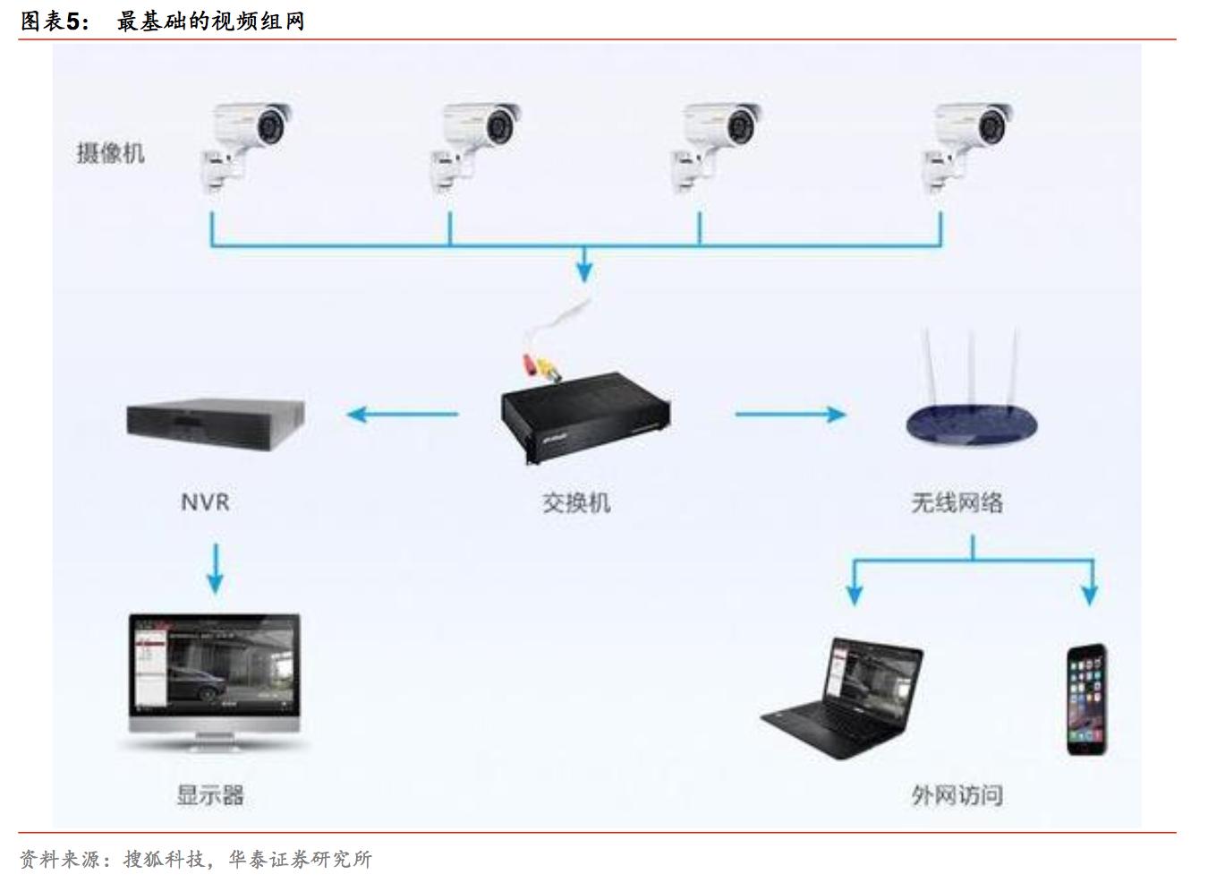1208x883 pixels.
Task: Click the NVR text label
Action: (x=205, y=502)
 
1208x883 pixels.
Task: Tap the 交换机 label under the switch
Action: (x=576, y=502)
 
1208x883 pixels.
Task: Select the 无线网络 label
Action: (x=957, y=502)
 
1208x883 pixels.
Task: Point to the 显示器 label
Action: (x=210, y=795)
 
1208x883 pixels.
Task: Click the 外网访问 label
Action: (x=957, y=795)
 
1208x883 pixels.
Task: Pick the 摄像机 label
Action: (x=110, y=153)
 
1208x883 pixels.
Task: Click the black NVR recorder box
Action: (x=215, y=424)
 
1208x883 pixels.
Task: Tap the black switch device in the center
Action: (x=586, y=416)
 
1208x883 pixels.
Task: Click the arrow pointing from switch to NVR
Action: (x=402, y=414)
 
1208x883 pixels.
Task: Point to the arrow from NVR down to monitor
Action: (x=215, y=569)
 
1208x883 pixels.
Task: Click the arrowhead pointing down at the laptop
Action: (x=855, y=593)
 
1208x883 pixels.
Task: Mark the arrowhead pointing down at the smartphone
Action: (x=1090, y=593)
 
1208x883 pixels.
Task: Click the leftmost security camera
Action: (x=244, y=143)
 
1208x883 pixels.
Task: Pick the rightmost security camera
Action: (x=968, y=143)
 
